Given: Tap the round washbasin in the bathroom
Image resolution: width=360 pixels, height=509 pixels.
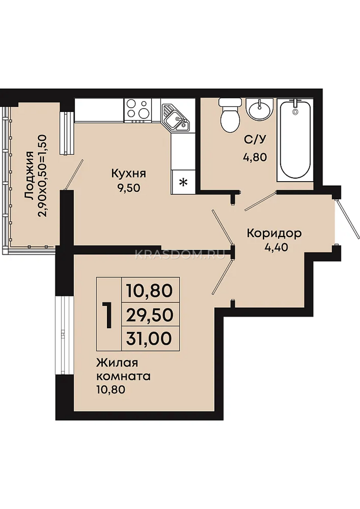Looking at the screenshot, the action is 259,109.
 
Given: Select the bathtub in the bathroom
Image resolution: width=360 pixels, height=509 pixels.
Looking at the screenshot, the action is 295,140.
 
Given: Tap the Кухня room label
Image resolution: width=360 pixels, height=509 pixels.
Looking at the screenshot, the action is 129,174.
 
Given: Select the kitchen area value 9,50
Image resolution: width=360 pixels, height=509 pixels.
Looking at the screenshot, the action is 129,188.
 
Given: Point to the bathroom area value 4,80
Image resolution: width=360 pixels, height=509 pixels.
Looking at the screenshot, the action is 255,157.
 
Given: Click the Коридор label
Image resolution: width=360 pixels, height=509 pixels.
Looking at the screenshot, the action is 274,234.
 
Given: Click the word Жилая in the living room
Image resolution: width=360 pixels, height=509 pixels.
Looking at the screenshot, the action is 117,363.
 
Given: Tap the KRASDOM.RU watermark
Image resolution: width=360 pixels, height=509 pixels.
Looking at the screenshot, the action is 180,255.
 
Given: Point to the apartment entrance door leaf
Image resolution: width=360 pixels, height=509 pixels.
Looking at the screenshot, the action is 347,219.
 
